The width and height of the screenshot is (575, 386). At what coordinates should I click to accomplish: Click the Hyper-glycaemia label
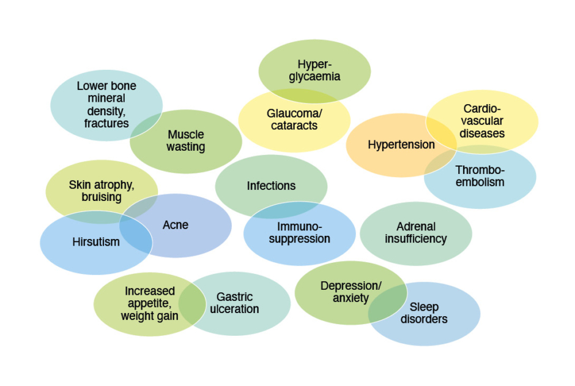[x=314, y=70]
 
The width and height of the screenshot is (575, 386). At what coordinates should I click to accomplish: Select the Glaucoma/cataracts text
[x=294, y=119]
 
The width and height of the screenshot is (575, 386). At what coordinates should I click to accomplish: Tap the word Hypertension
[x=401, y=145]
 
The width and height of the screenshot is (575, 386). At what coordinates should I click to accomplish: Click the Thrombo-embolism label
[x=480, y=176]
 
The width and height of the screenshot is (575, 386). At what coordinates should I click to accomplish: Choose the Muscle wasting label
[x=186, y=140]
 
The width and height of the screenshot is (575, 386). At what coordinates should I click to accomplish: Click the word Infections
[x=271, y=186]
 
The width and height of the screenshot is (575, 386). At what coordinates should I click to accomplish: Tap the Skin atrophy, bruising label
[x=101, y=191]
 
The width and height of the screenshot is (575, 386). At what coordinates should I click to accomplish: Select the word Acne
[x=176, y=225]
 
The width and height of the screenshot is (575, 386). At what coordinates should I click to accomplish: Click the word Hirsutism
[x=96, y=242]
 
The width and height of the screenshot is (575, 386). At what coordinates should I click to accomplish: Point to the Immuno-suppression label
[x=299, y=233]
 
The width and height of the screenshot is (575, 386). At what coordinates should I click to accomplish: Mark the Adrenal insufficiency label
[x=415, y=233]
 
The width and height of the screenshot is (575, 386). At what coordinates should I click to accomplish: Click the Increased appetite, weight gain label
[x=149, y=303]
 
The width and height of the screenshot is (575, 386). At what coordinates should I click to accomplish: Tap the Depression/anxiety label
[x=351, y=292]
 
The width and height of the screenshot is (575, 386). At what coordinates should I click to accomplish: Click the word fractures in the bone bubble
[x=106, y=123]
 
